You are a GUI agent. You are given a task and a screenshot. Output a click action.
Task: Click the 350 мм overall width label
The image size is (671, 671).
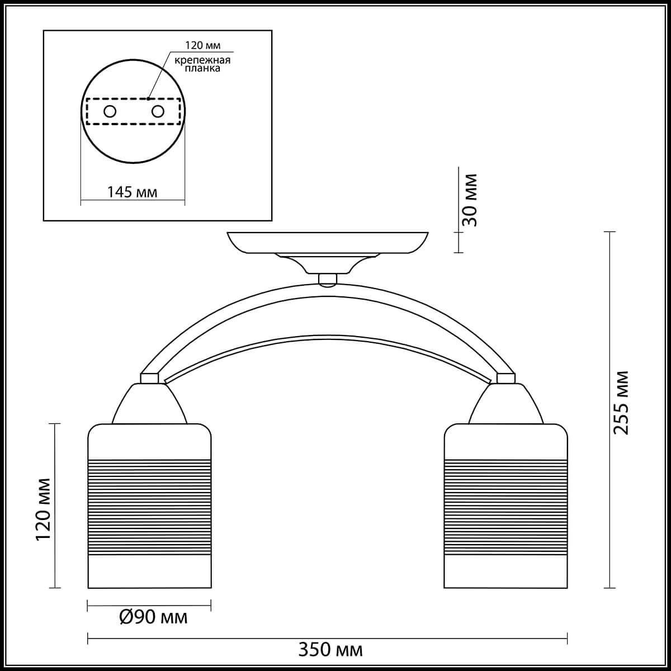(330, 650)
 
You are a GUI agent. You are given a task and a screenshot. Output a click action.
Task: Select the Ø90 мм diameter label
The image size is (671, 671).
(153, 617)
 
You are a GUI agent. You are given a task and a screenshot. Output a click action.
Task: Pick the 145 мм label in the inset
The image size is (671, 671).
(133, 192)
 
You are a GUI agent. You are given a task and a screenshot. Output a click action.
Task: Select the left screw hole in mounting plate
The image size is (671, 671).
(110, 111)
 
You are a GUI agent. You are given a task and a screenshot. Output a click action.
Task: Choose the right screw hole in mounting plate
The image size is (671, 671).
(158, 111)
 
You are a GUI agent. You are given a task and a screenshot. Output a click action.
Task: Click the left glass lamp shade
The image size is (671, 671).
(150, 506)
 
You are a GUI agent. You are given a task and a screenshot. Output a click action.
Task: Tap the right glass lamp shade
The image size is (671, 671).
(505, 506)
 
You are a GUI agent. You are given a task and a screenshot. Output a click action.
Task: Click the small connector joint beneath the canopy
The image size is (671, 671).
(328, 279)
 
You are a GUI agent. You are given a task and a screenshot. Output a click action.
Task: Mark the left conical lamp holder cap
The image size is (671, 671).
(149, 404)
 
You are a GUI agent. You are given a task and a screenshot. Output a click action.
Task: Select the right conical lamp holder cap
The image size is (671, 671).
(505, 404)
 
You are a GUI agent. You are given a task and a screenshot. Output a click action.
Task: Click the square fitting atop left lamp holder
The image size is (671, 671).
(149, 379)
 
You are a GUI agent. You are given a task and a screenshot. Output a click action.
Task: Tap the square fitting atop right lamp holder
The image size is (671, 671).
(505, 379)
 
